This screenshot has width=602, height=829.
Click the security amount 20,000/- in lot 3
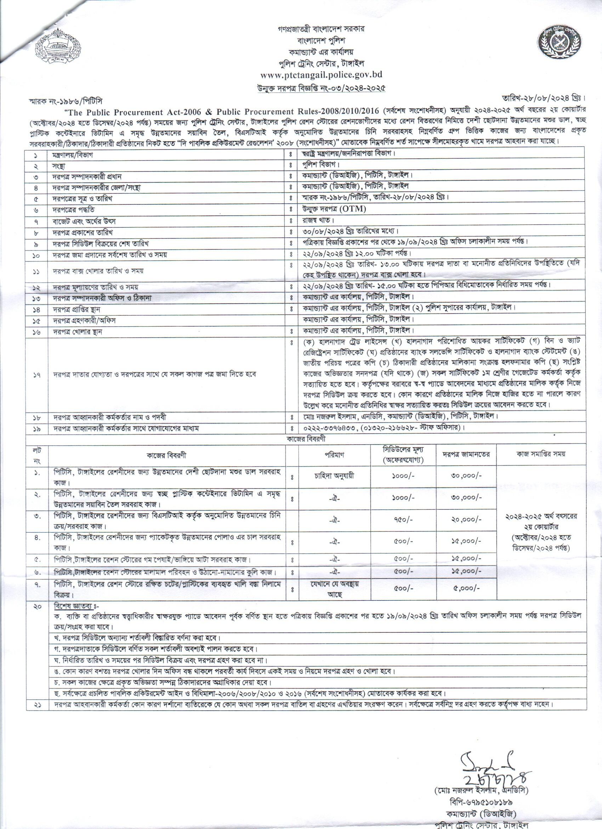[x=466, y=519]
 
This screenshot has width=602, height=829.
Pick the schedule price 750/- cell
[x=403, y=519]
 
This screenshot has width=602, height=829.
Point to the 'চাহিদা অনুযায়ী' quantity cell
[x=334, y=476]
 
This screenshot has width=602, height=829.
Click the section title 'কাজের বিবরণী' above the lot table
[x=306, y=439]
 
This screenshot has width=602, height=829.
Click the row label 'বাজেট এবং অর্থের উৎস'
[x=84, y=221]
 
